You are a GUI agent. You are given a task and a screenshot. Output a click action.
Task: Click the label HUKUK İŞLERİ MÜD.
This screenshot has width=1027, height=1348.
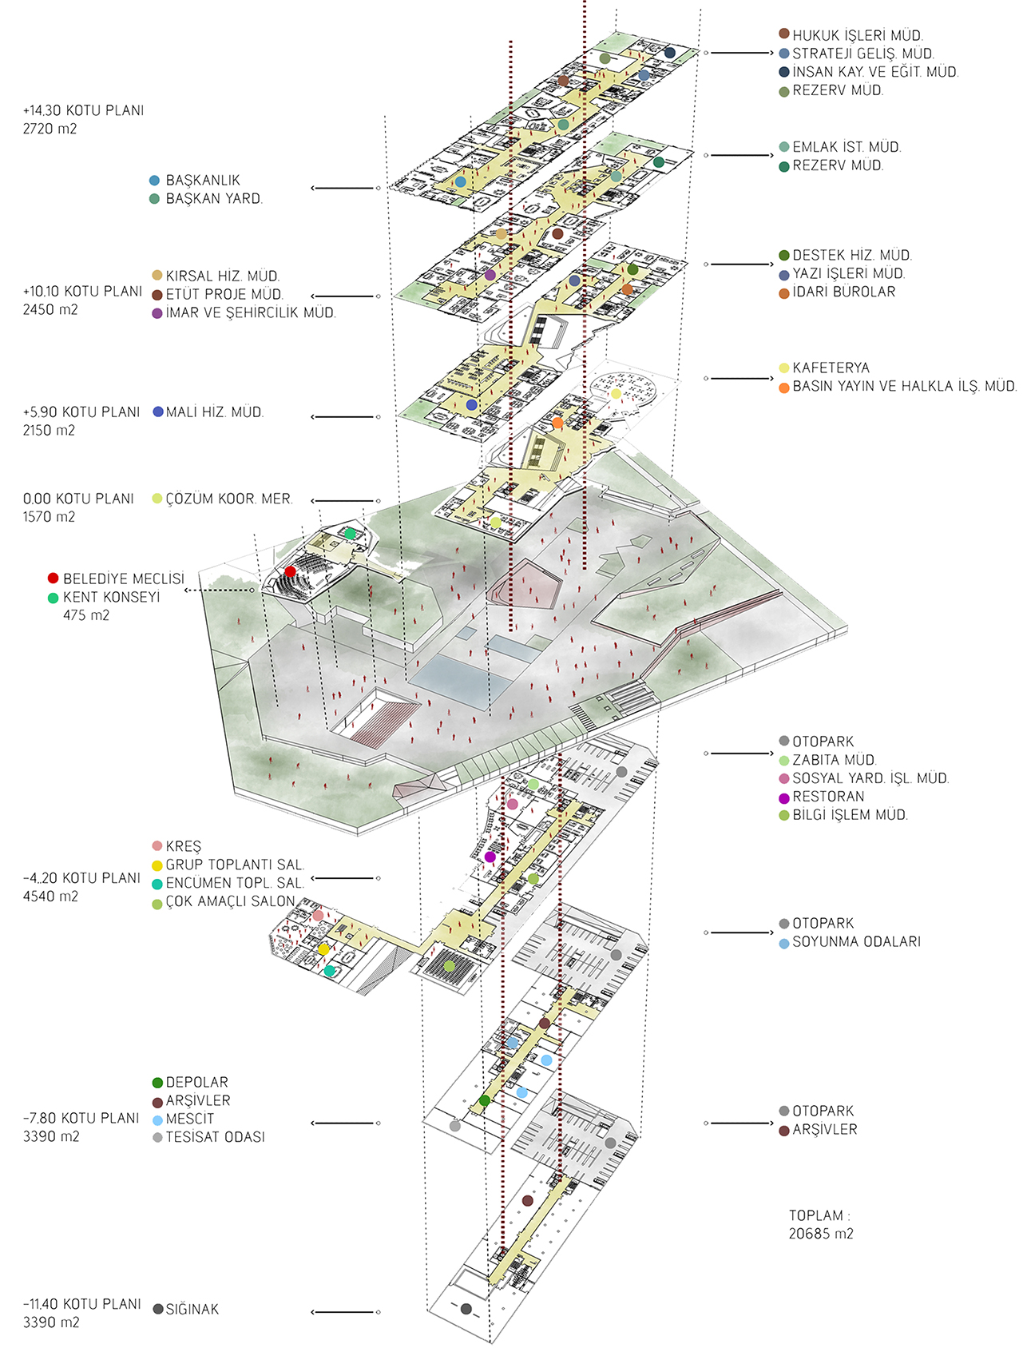(x=858, y=35)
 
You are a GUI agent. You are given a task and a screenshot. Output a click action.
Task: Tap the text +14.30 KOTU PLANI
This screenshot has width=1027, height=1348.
(x=83, y=110)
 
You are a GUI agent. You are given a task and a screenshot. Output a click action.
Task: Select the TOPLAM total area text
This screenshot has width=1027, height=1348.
(x=821, y=1224)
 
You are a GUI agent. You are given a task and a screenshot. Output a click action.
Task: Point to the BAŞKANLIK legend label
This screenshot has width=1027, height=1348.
(x=203, y=181)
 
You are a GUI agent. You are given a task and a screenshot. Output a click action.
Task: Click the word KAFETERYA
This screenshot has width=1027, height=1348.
(x=831, y=368)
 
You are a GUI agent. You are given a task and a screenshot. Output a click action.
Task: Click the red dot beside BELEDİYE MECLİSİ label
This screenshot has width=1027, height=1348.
(x=54, y=578)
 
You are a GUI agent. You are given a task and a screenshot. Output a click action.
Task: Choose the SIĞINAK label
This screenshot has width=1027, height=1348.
(x=192, y=1309)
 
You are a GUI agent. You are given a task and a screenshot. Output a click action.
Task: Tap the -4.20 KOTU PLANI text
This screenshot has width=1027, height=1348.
(x=81, y=878)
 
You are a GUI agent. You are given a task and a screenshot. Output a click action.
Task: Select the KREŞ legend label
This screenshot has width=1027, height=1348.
(x=184, y=846)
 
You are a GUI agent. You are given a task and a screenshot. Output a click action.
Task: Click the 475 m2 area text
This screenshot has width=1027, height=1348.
(x=86, y=615)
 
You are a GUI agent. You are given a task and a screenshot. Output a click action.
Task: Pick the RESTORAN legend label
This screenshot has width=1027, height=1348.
(x=828, y=797)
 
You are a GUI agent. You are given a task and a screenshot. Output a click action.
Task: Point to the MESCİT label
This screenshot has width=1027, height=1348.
(x=190, y=1119)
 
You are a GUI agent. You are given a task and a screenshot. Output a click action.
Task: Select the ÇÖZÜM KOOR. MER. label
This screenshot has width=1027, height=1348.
(x=229, y=499)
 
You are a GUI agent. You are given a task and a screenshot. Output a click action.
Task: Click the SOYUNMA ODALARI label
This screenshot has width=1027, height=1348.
(x=856, y=941)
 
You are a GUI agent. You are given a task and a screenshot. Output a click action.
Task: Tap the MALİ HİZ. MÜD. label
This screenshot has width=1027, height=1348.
(x=214, y=412)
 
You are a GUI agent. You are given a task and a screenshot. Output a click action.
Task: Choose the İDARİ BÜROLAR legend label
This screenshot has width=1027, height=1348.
(x=843, y=292)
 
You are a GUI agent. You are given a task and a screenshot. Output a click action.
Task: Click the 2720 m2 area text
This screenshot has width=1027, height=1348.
(x=50, y=129)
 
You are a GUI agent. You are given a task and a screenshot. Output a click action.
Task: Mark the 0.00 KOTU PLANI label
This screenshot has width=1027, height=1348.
(x=78, y=499)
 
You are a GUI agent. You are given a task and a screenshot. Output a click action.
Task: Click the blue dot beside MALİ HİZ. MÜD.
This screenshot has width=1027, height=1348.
(x=158, y=412)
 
